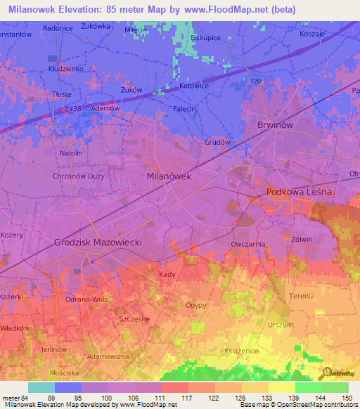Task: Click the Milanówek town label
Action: pos(169,176)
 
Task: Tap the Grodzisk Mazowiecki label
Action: pos(98,242)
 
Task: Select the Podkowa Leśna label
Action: pos(299,192)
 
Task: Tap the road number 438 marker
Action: pos(76,109)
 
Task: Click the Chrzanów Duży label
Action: pos(79,176)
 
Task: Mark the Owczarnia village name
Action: pos(247,244)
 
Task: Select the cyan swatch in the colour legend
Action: pos(41,387)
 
